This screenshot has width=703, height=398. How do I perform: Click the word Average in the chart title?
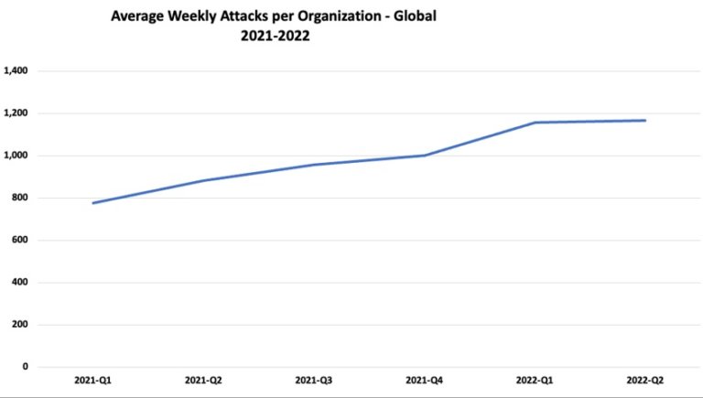click(x=137, y=16)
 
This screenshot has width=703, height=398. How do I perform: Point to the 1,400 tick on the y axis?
click(x=17, y=71)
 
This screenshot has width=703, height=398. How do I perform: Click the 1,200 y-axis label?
click(x=17, y=113)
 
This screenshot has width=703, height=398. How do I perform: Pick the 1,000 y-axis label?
click(x=17, y=156)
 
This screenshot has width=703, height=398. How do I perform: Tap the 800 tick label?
click(x=21, y=198)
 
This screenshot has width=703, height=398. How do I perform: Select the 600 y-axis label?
click(x=21, y=241)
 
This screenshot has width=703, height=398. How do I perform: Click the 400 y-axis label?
click(x=21, y=283)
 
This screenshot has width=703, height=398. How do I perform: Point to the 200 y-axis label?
click(x=21, y=325)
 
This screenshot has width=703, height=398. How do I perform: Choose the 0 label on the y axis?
click(x=27, y=367)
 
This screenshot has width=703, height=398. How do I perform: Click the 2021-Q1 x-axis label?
click(x=92, y=380)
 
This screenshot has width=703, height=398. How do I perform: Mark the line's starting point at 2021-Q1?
click(x=92, y=203)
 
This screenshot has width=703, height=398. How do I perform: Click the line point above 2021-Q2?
click(x=203, y=180)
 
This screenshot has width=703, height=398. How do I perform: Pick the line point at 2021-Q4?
click(x=425, y=156)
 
